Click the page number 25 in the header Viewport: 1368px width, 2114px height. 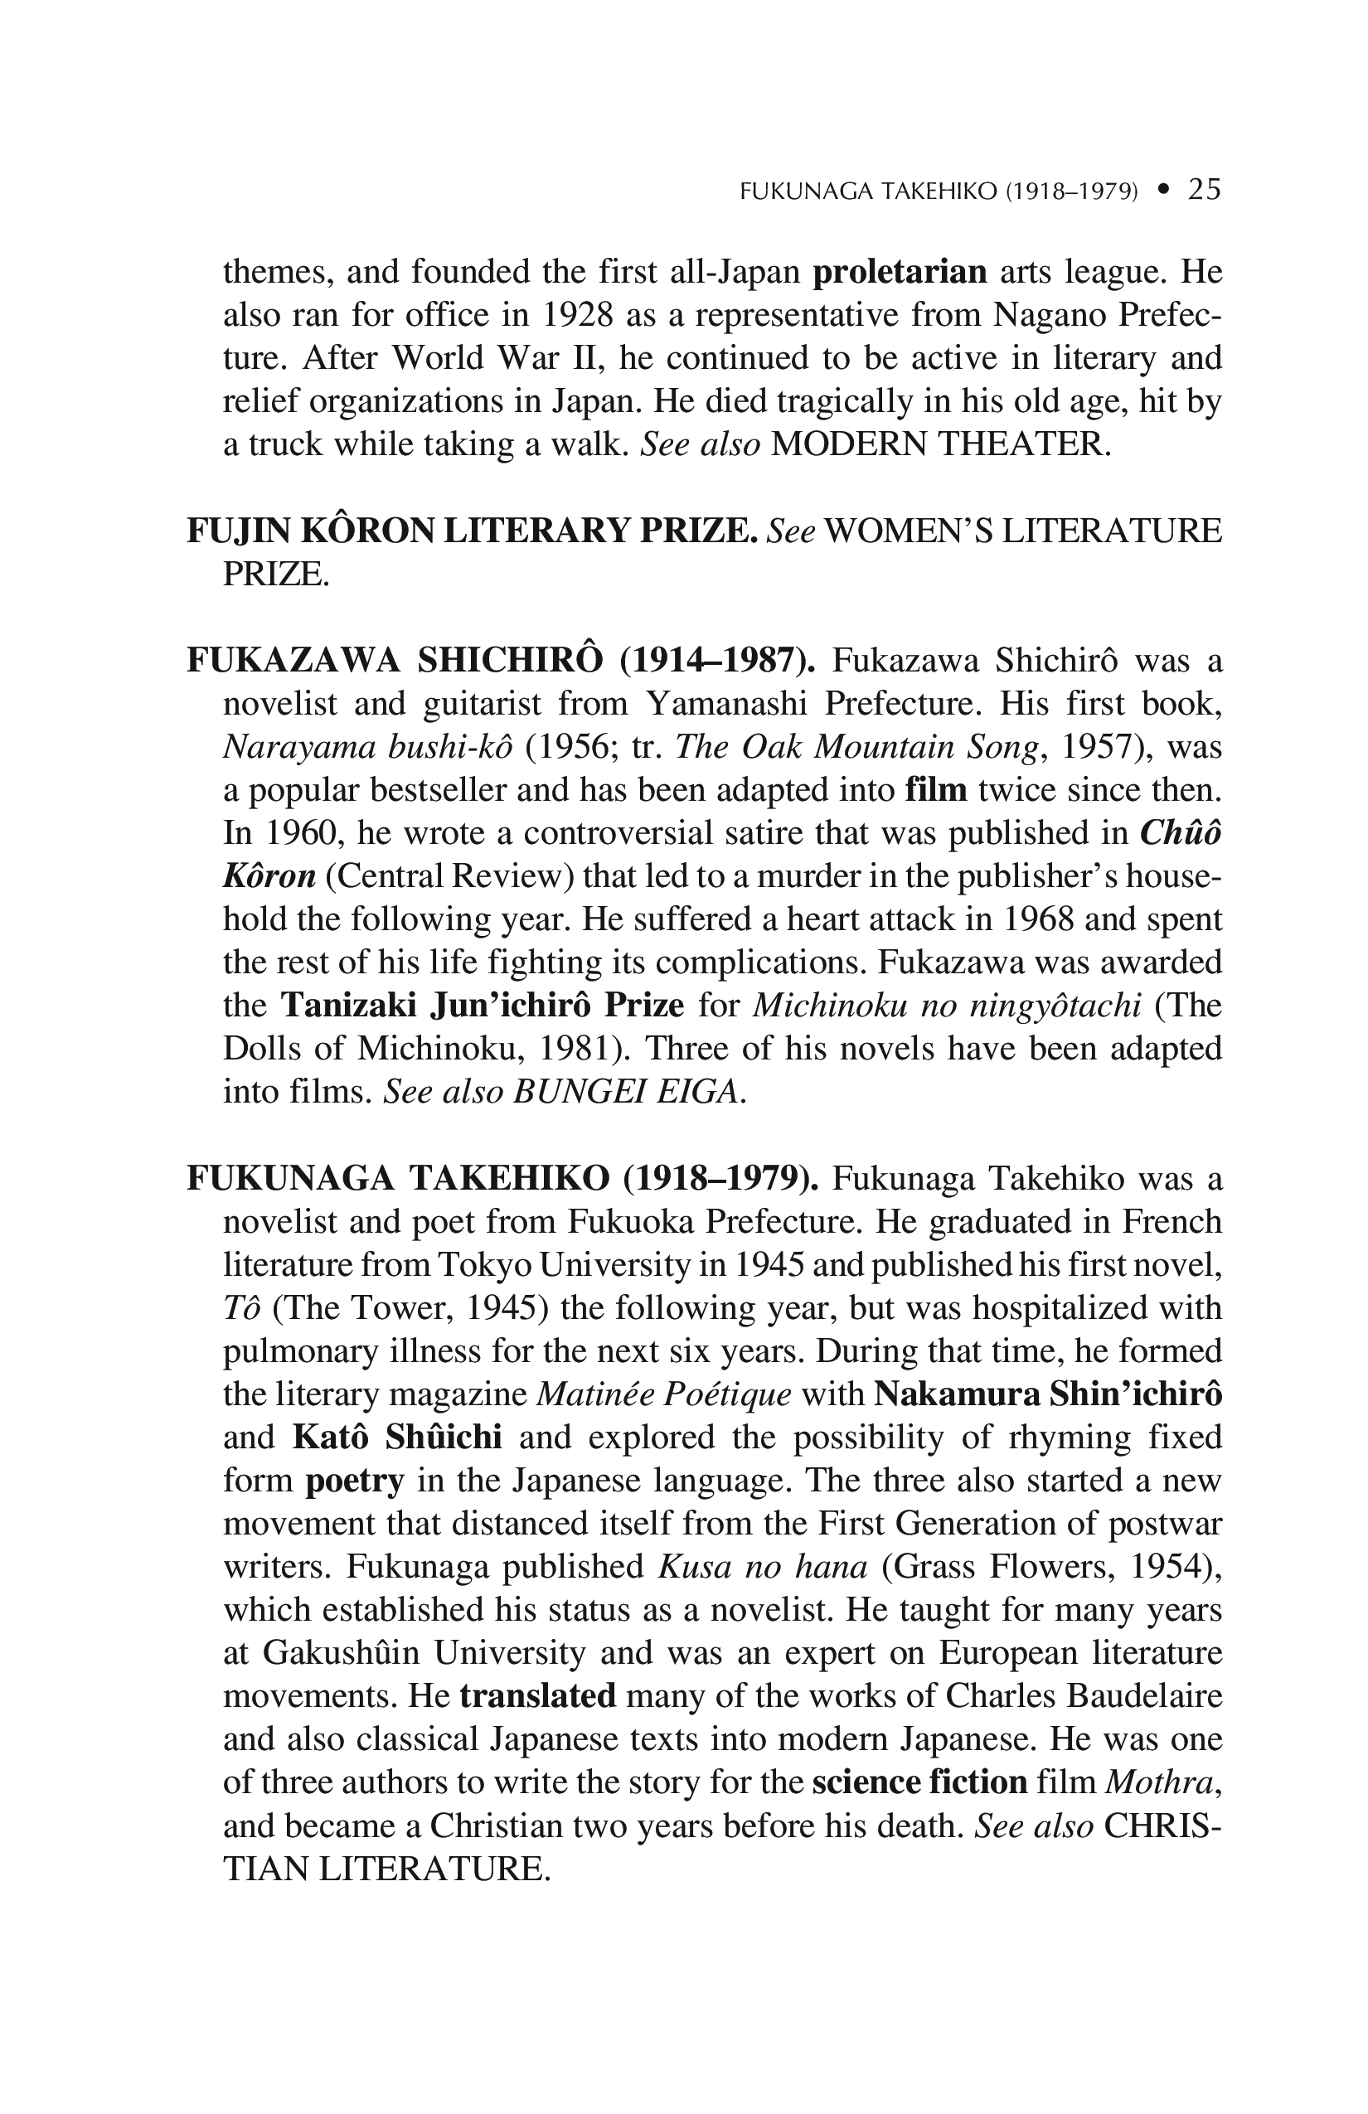pos(1205,189)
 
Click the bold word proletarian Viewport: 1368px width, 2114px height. pos(900,272)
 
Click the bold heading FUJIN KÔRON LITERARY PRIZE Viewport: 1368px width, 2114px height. pos(472,531)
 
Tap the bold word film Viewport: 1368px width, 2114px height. pos(935,789)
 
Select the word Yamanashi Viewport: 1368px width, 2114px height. pos(729,705)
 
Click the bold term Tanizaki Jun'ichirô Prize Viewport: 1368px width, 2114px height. pos(483,1006)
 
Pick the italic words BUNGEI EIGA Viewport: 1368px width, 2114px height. pos(625,1092)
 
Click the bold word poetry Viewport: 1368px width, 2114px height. pos(355,1481)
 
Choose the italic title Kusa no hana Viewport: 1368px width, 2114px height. pos(762,1567)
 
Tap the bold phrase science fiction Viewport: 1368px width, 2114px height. pos(919,1782)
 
